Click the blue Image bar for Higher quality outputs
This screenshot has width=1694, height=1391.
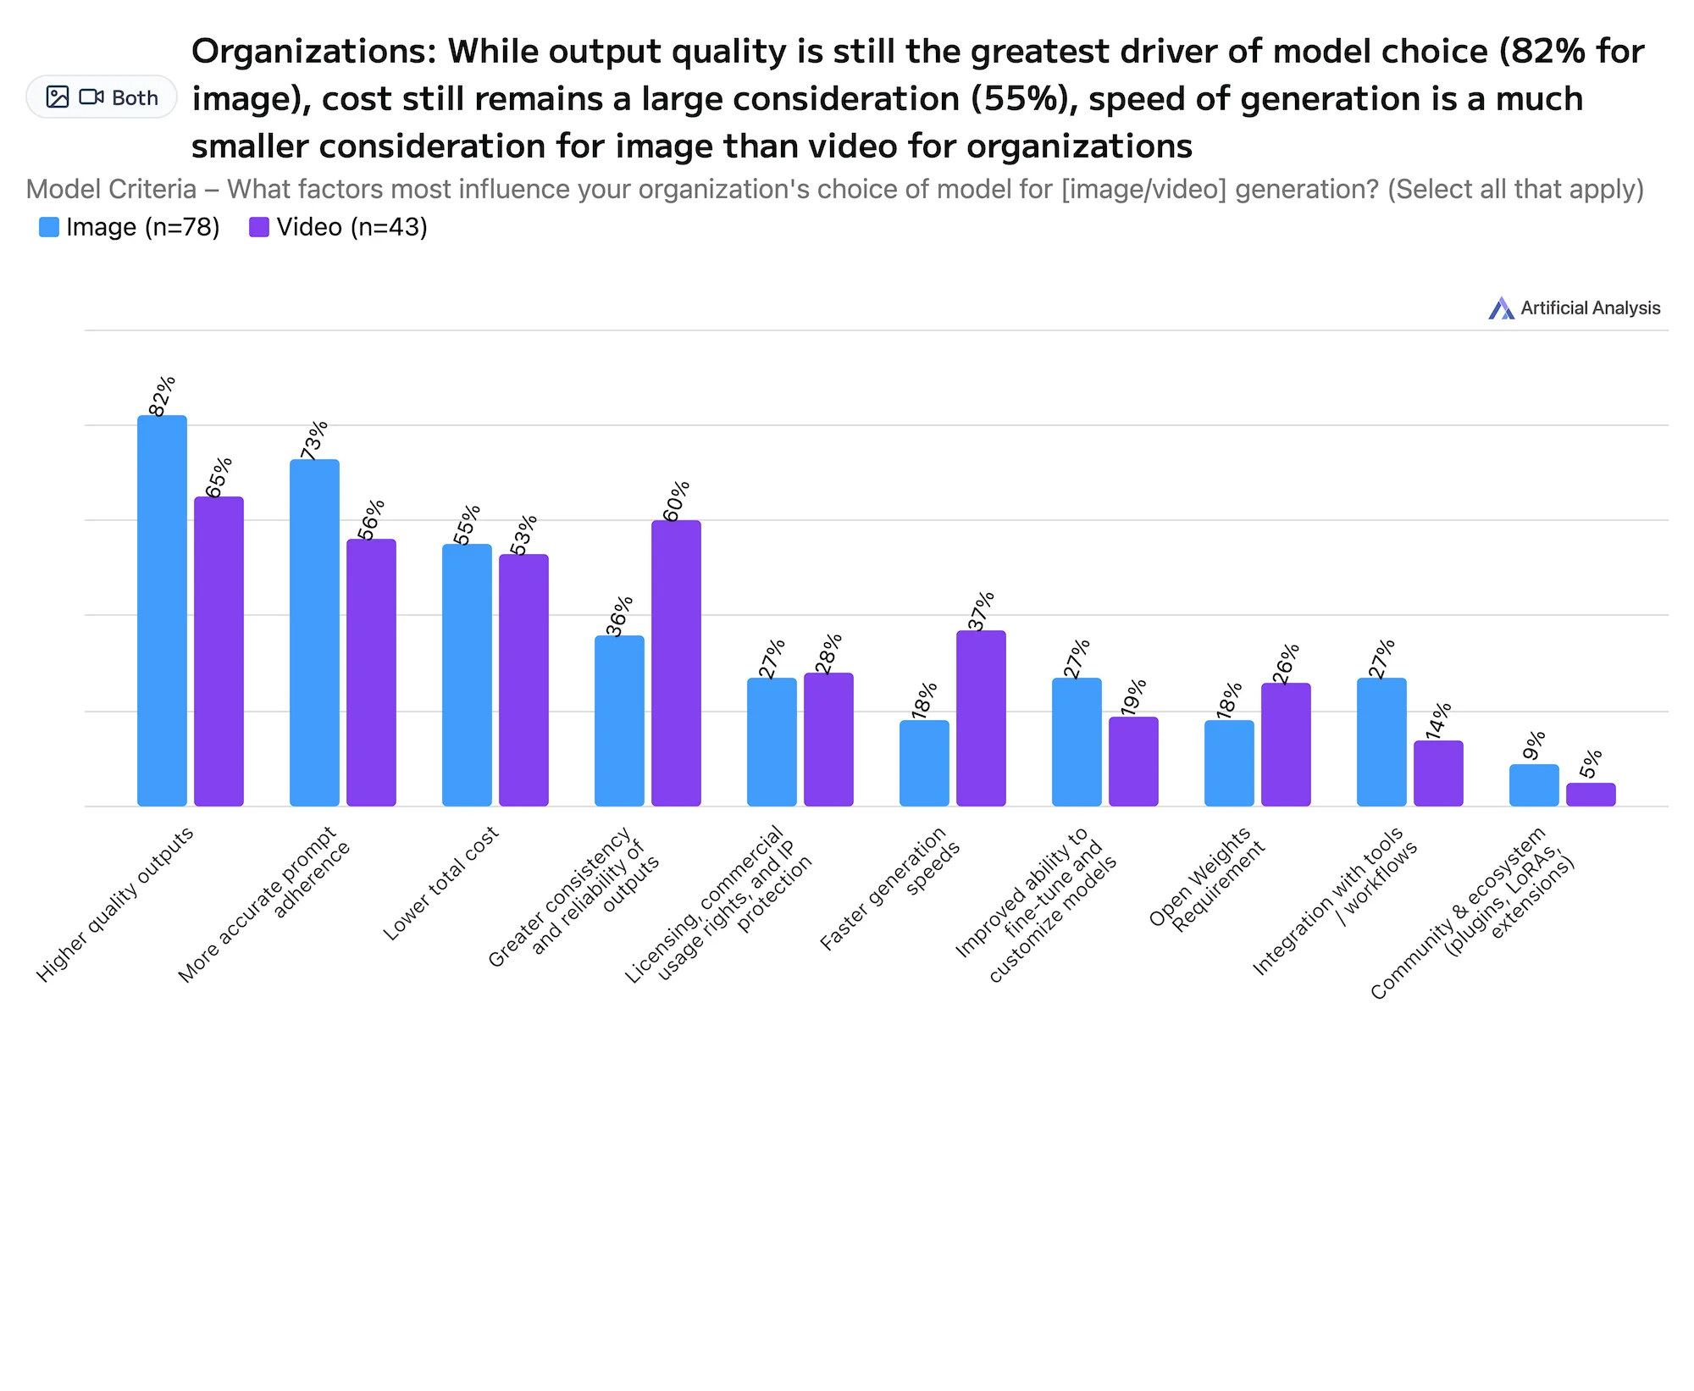pyautogui.click(x=162, y=610)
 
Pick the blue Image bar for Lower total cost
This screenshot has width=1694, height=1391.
pyautogui.click(x=467, y=674)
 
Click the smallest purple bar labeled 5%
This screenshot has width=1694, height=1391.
pyautogui.click(x=1591, y=795)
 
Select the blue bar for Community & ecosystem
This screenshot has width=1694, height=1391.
pyautogui.click(x=1534, y=785)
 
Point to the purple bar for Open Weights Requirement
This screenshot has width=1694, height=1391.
pyautogui.click(x=1286, y=744)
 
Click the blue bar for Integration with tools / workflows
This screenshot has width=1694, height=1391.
pyautogui.click(x=1381, y=741)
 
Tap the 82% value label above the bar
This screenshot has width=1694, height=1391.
pyautogui.click(x=162, y=396)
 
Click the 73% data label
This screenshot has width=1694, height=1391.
pyautogui.click(x=314, y=441)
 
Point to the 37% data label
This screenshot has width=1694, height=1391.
pyautogui.click(x=982, y=612)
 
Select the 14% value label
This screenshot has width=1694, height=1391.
pyautogui.click(x=1439, y=721)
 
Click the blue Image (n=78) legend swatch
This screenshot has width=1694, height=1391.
pyautogui.click(x=49, y=227)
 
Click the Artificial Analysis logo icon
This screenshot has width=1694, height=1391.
pyautogui.click(x=1501, y=308)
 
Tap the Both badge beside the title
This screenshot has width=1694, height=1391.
pyautogui.click(x=102, y=97)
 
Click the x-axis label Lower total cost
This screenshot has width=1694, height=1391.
pyautogui.click(x=440, y=884)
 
